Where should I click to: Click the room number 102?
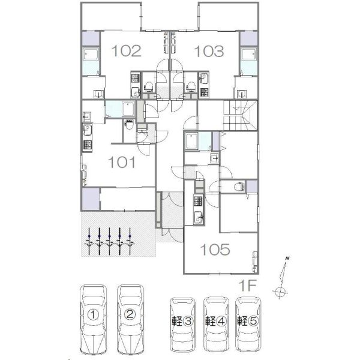tap(126, 51)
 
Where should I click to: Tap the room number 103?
tap(209, 51)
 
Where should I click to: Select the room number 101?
tap(122, 162)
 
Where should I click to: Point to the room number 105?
tap(215, 250)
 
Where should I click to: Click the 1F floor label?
tap(247, 286)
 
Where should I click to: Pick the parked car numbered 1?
tap(93, 320)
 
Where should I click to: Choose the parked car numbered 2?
tap(130, 320)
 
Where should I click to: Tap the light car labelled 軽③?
tap(182, 325)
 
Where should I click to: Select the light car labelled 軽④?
tap(216, 324)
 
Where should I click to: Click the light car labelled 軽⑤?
tap(248, 324)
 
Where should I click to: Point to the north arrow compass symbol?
tap(281, 278)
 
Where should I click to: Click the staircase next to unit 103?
tap(241, 115)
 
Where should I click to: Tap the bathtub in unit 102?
tap(91, 55)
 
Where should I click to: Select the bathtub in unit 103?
tap(248, 55)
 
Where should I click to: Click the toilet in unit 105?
tap(239, 187)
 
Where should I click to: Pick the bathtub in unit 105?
tap(192, 141)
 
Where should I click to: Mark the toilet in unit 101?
tap(129, 124)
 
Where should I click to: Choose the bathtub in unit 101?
tap(129, 109)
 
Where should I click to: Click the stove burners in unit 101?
tap(88, 145)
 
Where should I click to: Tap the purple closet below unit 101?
tap(91, 199)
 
